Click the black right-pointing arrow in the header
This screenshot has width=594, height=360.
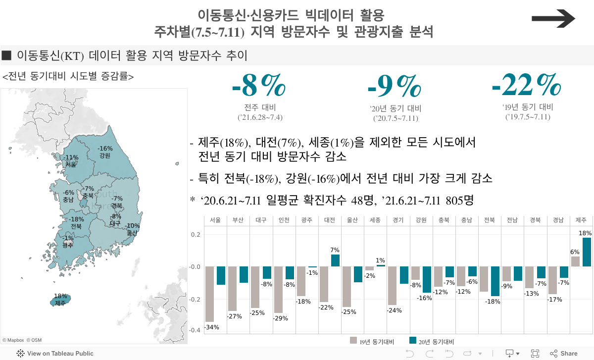pyautogui.click(x=553, y=19)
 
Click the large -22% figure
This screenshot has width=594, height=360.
pyautogui.click(x=526, y=86)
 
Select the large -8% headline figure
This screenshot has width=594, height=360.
pyautogui.click(x=258, y=87)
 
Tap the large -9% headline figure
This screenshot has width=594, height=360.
pyautogui.click(x=394, y=88)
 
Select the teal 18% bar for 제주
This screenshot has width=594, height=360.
pyautogui.click(x=587, y=252)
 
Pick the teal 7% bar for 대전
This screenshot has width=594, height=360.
pyautogui.click(x=335, y=260)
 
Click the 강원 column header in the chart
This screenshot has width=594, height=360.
pyautogui.click(x=421, y=220)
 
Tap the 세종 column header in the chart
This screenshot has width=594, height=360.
pyautogui.click(x=375, y=220)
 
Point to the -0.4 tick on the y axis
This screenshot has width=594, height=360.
pyautogui.click(x=194, y=330)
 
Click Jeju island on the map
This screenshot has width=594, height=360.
pyautogui.click(x=60, y=300)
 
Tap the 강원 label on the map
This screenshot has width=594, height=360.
pyautogui.click(x=104, y=155)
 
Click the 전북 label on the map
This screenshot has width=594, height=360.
pyautogui.click(x=76, y=226)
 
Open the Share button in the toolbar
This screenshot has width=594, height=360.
pyautogui.click(x=563, y=354)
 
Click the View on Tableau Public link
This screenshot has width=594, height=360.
pyautogui.click(x=55, y=354)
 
